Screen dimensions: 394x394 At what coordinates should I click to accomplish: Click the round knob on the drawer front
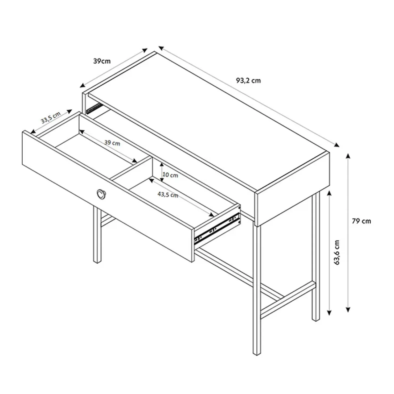[101, 194]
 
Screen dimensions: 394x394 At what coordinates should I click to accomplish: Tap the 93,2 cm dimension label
[248, 80]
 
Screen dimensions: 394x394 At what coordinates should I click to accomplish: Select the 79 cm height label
[361, 221]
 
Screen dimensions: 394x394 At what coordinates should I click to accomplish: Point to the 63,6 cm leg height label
[337, 252]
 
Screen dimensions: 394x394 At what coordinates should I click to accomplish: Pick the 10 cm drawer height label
[170, 175]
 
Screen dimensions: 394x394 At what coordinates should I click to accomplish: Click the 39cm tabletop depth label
[102, 61]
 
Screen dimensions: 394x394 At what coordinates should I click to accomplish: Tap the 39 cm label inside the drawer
[112, 143]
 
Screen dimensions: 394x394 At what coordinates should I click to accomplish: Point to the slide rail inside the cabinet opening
[94, 108]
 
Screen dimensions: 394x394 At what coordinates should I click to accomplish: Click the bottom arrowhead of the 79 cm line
[348, 309]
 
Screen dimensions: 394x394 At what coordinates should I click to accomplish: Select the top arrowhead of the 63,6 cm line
[330, 193]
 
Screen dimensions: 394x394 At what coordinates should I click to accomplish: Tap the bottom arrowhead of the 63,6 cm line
[330, 313]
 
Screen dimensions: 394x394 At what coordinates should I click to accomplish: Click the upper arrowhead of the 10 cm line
[162, 165]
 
